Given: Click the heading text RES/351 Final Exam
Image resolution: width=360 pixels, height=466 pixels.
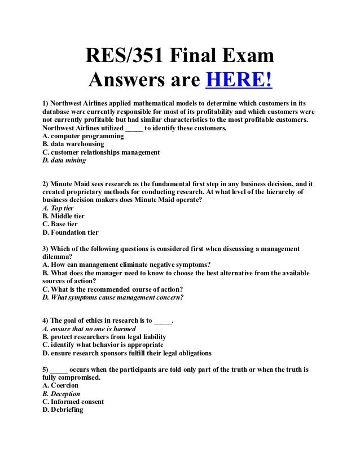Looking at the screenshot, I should point(179,57).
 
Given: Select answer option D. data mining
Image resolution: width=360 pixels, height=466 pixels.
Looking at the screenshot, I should point(64,160).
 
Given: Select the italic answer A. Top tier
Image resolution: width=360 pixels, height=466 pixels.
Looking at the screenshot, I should point(58,208).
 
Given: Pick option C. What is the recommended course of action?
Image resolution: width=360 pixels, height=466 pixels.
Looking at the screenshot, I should point(112,289).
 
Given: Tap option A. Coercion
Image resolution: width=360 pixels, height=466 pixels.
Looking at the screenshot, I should point(60,385).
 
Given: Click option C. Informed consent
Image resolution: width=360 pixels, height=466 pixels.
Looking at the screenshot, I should point(73,402).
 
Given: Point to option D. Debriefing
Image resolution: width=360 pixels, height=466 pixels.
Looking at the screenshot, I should point(63,410).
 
